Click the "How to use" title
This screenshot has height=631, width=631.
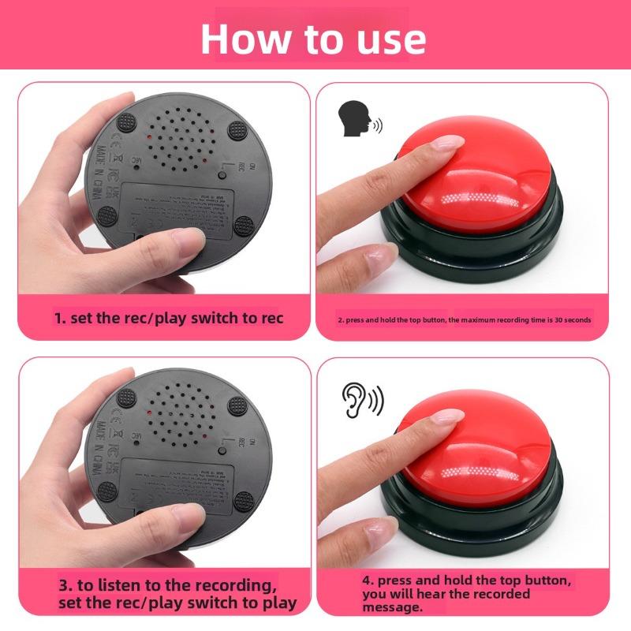tap(313, 38)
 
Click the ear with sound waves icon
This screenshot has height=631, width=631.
tap(362, 400)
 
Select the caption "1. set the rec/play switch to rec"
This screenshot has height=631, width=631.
tap(169, 319)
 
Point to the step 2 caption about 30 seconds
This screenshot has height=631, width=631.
tap(464, 320)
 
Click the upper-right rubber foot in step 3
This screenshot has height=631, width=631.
tap(236, 405)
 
